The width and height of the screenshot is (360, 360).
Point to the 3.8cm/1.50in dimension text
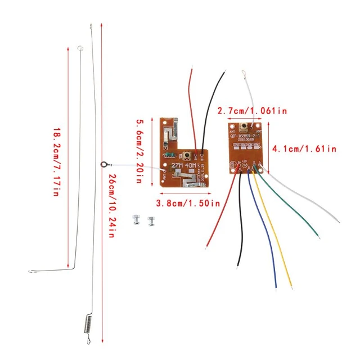pos(188,203)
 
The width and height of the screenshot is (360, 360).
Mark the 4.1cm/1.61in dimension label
pos(304,149)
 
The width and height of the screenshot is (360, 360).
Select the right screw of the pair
pos(150,220)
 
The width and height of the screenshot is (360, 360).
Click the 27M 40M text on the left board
pos(182,167)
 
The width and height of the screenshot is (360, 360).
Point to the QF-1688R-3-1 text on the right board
pos(248,137)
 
